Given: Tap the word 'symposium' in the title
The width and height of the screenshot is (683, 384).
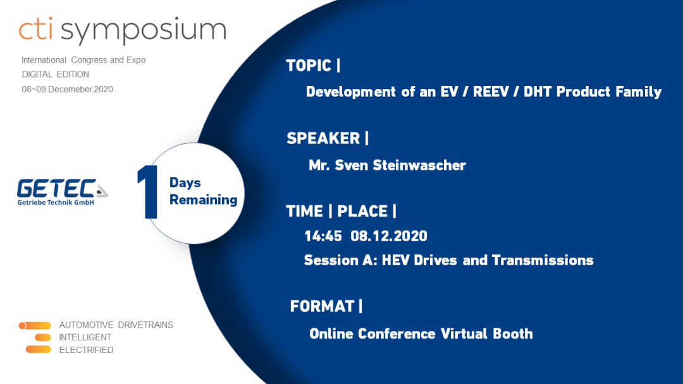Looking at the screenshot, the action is [144, 31].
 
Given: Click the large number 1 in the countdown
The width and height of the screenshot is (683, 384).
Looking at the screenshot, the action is [148, 192].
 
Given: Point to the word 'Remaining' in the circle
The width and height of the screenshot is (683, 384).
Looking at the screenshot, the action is [204, 200].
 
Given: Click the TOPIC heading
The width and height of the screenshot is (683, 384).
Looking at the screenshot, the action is [309, 66].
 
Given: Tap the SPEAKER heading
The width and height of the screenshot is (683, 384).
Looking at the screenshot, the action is [323, 138].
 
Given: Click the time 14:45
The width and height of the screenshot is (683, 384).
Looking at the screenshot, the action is [323, 236].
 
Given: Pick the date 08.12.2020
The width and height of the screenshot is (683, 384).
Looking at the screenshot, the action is [389, 236].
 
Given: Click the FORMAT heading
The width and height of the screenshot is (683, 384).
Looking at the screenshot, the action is [322, 306].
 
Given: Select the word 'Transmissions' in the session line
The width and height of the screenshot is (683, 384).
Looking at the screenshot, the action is [543, 260].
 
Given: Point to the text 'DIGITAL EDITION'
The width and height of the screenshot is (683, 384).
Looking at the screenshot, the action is [55, 75].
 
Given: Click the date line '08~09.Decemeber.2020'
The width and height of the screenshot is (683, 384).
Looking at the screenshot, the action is [67, 89].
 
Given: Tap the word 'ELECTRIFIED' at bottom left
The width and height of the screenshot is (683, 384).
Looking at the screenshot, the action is [86, 350].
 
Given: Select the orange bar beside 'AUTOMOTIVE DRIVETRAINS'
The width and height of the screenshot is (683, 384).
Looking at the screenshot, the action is [35, 325].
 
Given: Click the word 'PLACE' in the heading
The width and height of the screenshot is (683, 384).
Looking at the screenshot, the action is [362, 212].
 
